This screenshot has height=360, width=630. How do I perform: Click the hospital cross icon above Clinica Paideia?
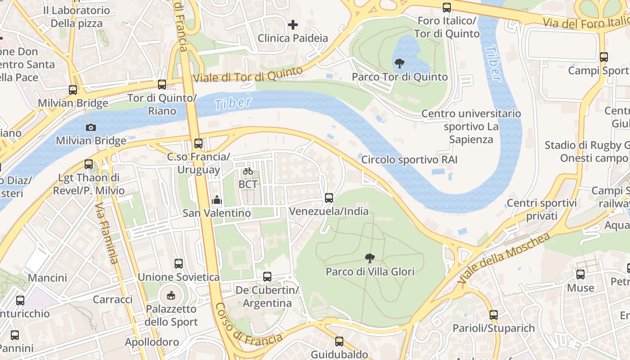coord(293,25)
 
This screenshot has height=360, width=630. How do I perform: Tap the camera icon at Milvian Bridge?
coord(91,127)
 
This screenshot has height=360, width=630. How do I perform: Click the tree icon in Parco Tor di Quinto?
coord(399,63)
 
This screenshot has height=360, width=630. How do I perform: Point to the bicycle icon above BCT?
coord(247,171)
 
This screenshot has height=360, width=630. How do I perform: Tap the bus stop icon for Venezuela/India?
coord(329,198)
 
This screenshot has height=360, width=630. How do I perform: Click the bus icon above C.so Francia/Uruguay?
coord(198,144)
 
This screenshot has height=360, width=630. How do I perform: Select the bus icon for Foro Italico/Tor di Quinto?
coord(446,8)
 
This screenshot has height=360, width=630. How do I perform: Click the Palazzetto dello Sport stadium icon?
coord(171,296)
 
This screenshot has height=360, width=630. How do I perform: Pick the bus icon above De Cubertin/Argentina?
coord(267,277)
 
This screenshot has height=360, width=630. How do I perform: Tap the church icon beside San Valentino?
coord(216,199)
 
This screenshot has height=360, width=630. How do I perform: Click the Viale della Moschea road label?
coord(504,258)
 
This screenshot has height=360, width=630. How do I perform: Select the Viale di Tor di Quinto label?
coord(248,75)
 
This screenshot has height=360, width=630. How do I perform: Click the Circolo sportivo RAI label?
coord(409,160)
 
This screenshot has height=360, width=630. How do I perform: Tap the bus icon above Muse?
coord(580,274)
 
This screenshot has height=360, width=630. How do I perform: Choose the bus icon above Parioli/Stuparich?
coord(494,315)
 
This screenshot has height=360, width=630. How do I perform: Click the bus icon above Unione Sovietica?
coord(179,264)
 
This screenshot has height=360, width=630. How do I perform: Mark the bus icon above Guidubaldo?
coord(339,342)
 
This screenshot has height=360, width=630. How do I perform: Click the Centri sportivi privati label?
coord(542,210)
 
